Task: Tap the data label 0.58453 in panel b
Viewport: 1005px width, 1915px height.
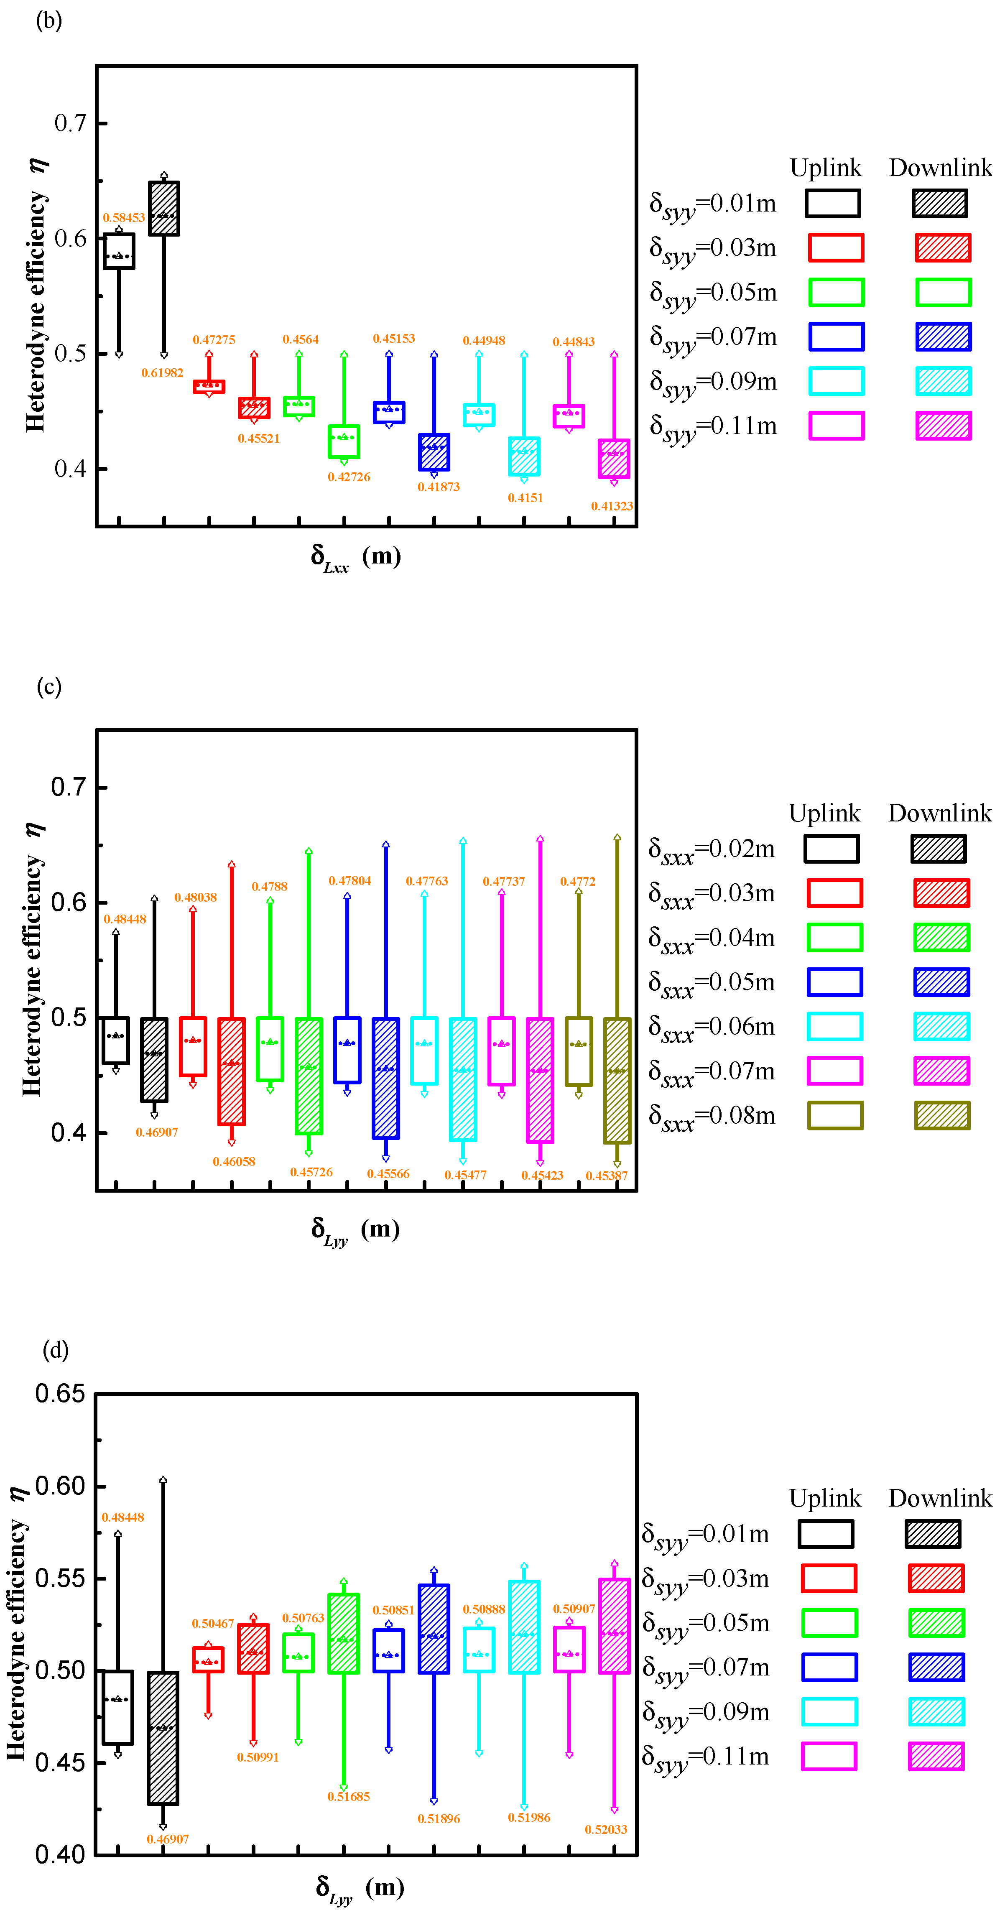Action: pos(123,218)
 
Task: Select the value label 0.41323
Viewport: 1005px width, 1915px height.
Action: pos(612,506)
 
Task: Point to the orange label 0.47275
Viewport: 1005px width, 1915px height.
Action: pos(214,340)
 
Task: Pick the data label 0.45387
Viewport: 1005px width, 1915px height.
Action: pos(607,1176)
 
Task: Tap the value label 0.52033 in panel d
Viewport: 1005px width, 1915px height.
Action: pos(606,1829)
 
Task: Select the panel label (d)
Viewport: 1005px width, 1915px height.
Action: pos(56,1349)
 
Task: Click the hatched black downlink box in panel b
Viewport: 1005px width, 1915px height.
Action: pos(163,208)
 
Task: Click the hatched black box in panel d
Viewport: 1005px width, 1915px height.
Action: pos(163,1737)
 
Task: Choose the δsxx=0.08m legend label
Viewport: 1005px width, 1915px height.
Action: pos(712,1117)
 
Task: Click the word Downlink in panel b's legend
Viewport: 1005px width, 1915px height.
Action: pos(940,168)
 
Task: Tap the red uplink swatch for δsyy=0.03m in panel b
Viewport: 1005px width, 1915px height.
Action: pos(836,247)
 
